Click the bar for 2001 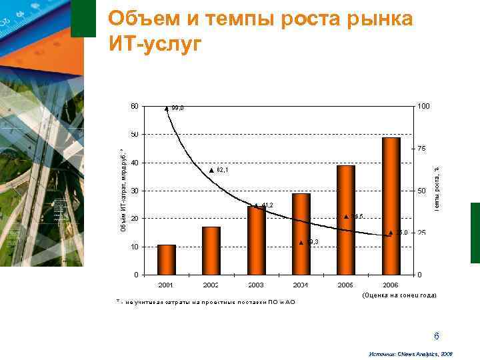pyautogui.click(x=167, y=260)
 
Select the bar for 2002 pyautogui.click(x=211, y=251)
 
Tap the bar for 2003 pyautogui.click(x=257, y=241)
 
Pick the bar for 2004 pyautogui.click(x=301, y=234)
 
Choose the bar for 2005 pyautogui.click(x=346, y=220)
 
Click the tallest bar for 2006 pyautogui.click(x=391, y=206)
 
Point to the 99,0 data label pyautogui.click(x=178, y=107)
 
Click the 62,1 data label pyautogui.click(x=223, y=171)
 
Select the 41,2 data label pyautogui.click(x=267, y=205)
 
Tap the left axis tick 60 pyautogui.click(x=135, y=106)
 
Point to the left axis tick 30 pyautogui.click(x=135, y=191)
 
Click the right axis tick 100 pyautogui.click(x=423, y=107)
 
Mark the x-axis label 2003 pyautogui.click(x=256, y=285)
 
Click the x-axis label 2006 pyautogui.click(x=391, y=285)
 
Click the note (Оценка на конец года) pyautogui.click(x=399, y=295)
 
